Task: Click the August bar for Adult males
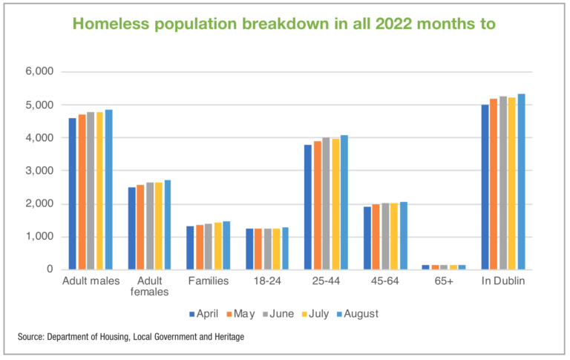[x=108, y=190]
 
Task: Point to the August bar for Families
[x=227, y=246]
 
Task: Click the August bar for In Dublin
[x=521, y=182]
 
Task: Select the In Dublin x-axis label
[x=502, y=282]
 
